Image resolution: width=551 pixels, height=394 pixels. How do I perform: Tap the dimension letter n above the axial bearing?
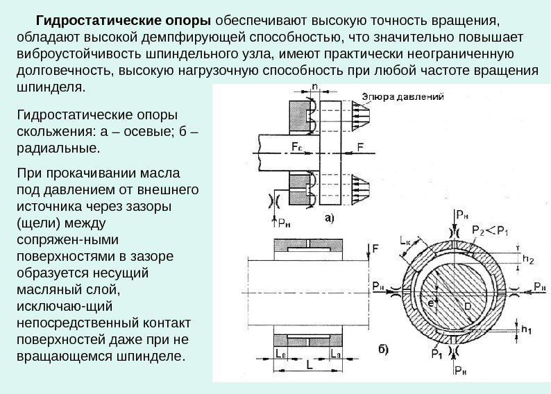pos(315,87)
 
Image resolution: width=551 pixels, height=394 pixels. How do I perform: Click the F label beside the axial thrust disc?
pos(360,147)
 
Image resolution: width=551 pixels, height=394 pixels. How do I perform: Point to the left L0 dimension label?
pos(280,354)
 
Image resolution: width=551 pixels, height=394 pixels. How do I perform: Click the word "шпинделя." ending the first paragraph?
pos(51,88)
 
